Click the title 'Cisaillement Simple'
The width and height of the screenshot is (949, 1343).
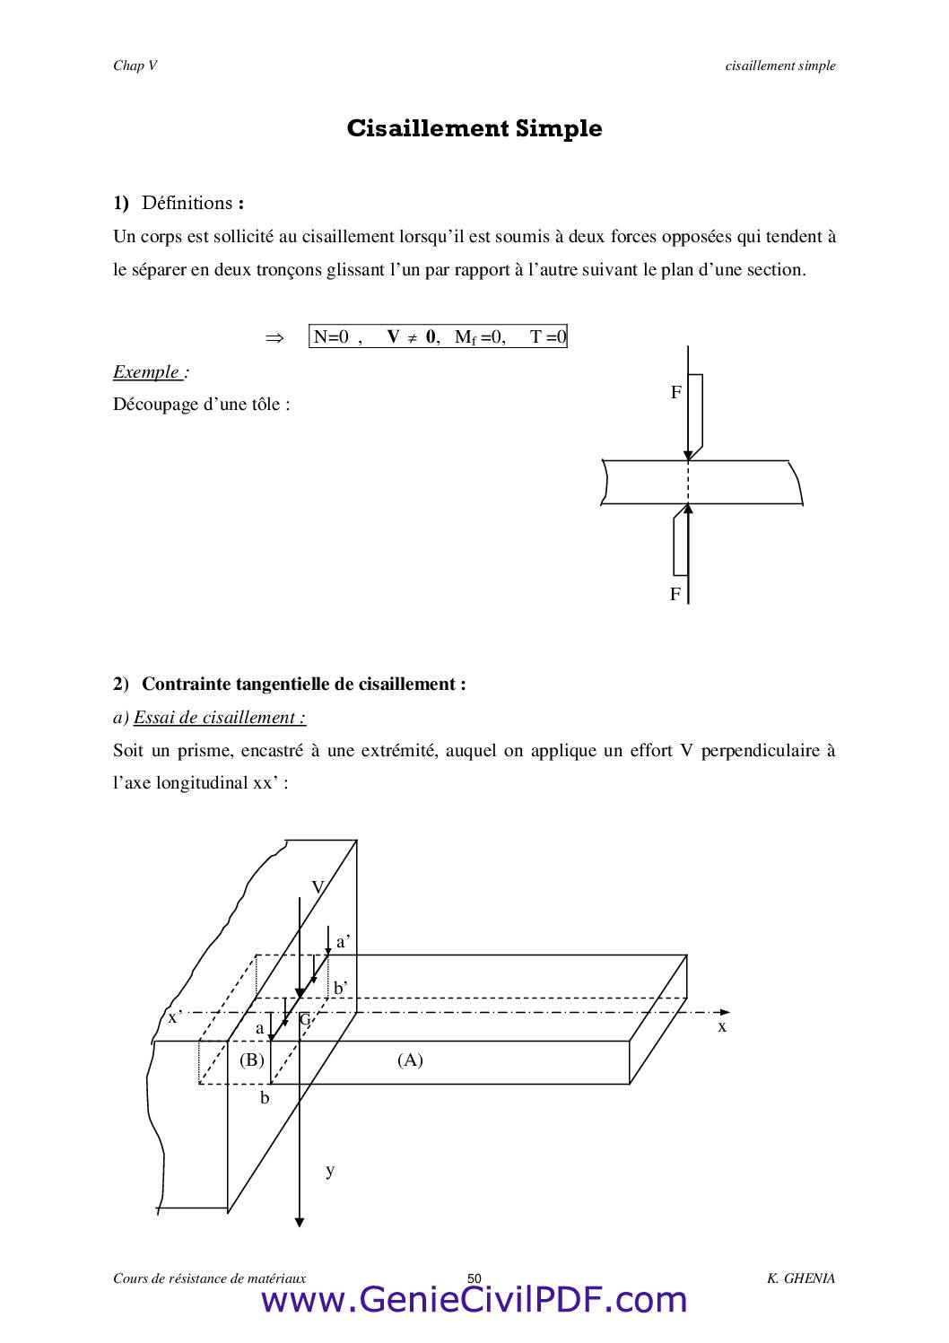pyautogui.click(x=474, y=128)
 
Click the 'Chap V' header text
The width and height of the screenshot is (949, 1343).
pyautogui.click(x=135, y=65)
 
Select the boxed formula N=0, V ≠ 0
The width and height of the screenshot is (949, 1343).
pyautogui.click(x=438, y=337)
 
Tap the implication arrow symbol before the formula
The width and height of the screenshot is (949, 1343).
pyautogui.click(x=274, y=338)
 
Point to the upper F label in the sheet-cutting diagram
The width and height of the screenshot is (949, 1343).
pyautogui.click(x=675, y=392)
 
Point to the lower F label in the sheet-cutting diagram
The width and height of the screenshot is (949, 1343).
pyautogui.click(x=675, y=594)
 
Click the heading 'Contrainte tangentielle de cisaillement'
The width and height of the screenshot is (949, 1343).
pyautogui.click(x=303, y=684)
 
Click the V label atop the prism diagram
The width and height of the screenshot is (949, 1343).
pyautogui.click(x=318, y=887)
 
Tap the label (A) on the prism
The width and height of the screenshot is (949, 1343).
pyautogui.click(x=410, y=1060)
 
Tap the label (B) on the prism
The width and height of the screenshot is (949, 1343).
pyautogui.click(x=252, y=1060)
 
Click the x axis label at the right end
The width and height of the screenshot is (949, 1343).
pyautogui.click(x=722, y=1026)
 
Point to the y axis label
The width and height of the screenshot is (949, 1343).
pyautogui.click(x=330, y=1170)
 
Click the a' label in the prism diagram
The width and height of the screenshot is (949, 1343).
pyautogui.click(x=343, y=942)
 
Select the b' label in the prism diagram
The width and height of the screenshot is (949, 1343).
pyautogui.click(x=341, y=988)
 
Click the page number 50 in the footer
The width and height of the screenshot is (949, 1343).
pyautogui.click(x=474, y=1278)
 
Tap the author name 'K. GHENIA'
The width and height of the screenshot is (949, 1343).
pyautogui.click(x=800, y=1278)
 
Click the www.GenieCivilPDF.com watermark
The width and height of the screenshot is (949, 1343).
pyautogui.click(x=474, y=1300)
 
